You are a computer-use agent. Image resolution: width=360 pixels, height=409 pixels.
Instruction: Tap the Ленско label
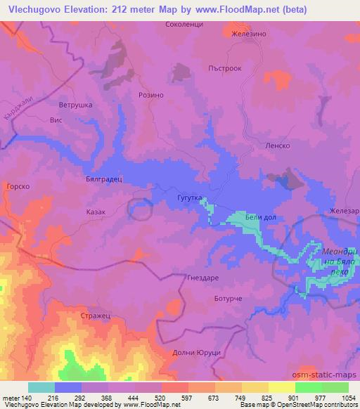[278, 145]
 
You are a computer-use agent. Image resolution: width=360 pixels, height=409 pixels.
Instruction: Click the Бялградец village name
[104, 179]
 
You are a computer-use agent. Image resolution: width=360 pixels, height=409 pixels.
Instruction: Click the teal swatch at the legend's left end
[41, 387]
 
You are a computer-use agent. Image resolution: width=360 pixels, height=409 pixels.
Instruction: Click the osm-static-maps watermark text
[329, 376]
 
